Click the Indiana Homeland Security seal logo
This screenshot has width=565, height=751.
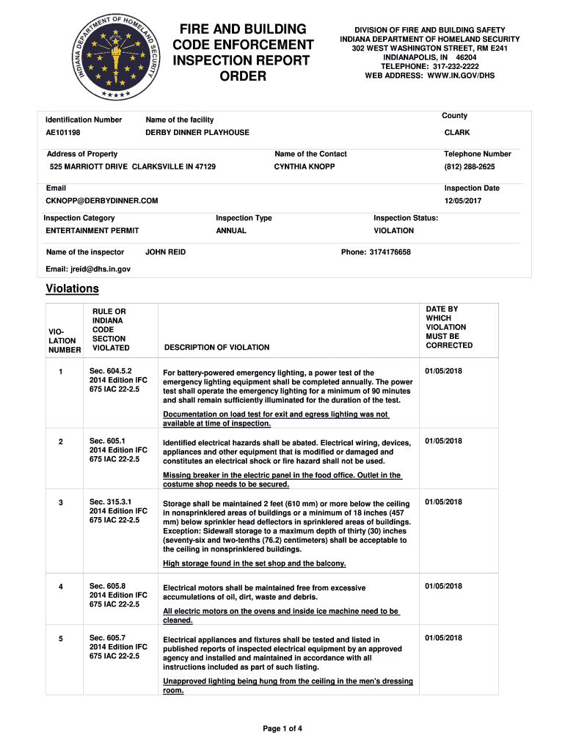(x=117, y=57)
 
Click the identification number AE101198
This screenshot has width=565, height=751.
(x=63, y=133)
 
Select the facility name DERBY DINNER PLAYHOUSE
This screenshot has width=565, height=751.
(x=197, y=133)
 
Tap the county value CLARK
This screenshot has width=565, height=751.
(x=457, y=133)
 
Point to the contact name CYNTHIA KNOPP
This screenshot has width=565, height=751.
(x=305, y=167)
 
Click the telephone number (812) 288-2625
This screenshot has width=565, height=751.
(x=470, y=167)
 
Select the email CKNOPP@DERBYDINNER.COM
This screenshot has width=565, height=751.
(x=102, y=201)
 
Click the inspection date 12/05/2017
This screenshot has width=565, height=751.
(x=463, y=201)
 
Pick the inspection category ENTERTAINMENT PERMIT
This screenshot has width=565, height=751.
(x=92, y=231)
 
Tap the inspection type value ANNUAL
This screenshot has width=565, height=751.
(x=231, y=231)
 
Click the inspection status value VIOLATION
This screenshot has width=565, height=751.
(x=393, y=231)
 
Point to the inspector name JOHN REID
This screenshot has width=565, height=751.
(x=166, y=252)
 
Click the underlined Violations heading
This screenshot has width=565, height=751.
(x=72, y=289)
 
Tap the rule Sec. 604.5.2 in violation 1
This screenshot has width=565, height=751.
(x=111, y=371)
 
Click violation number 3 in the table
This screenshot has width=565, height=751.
(x=61, y=502)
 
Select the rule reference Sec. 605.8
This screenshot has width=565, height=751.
(x=108, y=586)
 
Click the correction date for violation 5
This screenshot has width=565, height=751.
(x=444, y=638)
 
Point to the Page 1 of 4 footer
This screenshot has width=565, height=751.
(x=282, y=728)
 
